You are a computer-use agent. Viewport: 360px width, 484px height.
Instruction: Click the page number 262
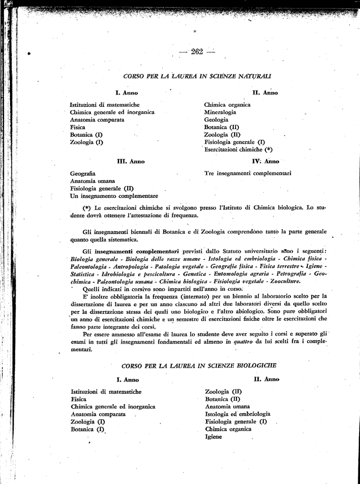click(197, 52)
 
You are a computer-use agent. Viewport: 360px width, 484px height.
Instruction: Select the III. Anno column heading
click(131, 161)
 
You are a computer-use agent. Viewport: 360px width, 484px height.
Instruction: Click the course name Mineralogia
click(220, 112)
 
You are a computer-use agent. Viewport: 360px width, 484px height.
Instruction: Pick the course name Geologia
click(216, 120)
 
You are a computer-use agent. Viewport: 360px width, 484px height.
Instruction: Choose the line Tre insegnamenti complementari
click(247, 173)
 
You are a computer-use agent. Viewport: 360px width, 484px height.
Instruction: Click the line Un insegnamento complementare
click(114, 196)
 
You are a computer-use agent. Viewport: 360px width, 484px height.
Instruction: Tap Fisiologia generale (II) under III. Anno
click(102, 188)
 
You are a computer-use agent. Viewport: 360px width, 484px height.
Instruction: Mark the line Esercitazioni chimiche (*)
click(238, 150)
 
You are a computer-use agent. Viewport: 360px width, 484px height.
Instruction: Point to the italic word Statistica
click(83, 274)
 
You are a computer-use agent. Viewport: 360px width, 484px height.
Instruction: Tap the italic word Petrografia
click(292, 274)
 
